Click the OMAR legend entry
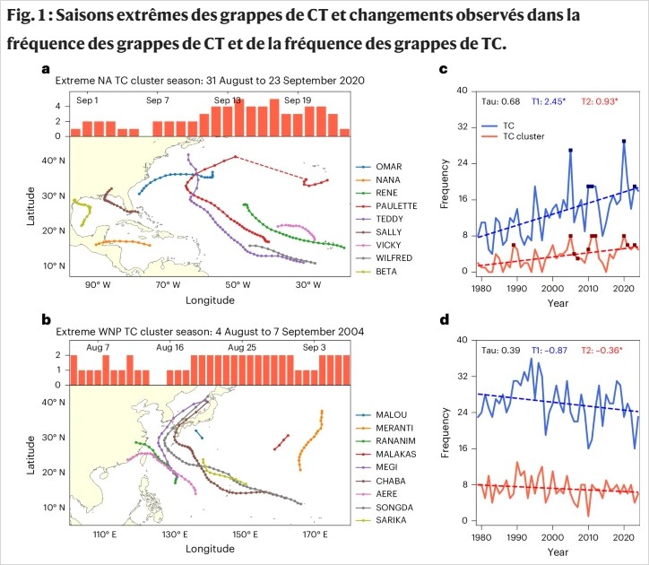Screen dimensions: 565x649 387,167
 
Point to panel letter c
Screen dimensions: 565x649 443,69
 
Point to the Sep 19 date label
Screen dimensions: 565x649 297,100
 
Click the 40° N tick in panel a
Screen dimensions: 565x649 55,161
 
